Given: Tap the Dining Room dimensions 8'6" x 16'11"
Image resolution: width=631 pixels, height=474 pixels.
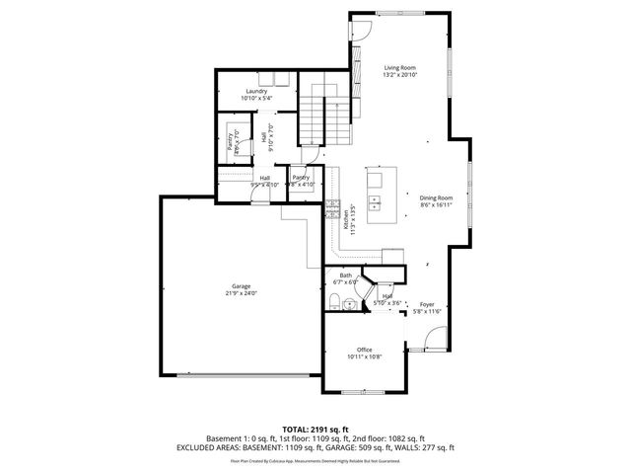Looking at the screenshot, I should click(x=435, y=205).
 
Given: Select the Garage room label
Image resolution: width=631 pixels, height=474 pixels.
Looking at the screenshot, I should click(x=235, y=286).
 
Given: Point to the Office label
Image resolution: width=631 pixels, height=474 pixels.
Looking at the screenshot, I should click(x=365, y=350).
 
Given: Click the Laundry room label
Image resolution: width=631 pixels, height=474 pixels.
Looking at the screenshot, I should click(x=256, y=92).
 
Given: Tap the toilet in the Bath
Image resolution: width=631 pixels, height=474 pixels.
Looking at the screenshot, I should click(x=336, y=301).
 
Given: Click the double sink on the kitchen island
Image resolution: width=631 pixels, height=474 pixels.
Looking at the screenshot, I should click(x=377, y=203).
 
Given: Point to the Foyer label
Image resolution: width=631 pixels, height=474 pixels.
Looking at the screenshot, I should click(x=427, y=304).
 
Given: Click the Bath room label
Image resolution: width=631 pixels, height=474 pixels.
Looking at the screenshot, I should click(x=345, y=276).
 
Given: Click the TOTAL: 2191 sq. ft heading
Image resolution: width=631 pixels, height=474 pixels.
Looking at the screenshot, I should click(x=315, y=429).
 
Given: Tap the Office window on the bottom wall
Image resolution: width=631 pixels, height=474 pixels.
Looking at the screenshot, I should click(x=363, y=393).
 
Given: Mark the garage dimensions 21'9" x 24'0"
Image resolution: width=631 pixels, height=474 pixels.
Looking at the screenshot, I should click(x=235, y=293).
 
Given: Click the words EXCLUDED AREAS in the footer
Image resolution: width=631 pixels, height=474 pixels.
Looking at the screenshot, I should click(x=214, y=447).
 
